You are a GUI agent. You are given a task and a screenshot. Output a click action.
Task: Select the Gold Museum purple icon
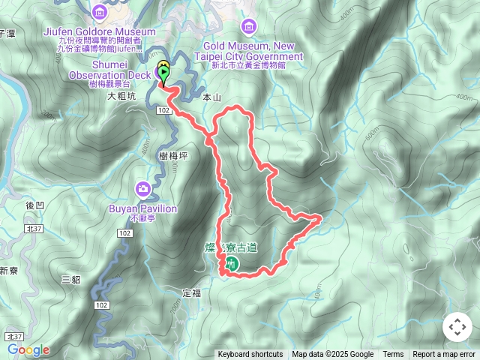(x=248, y=28)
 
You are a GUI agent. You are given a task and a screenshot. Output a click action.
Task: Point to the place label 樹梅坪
(x=173, y=155)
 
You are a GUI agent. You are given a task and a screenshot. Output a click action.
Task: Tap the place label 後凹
(x=35, y=205)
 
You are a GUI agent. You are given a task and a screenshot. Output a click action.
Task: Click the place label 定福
(x=192, y=292)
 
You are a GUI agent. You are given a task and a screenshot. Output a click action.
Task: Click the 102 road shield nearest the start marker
(x=163, y=110)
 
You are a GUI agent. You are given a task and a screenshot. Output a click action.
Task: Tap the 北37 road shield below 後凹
(x=32, y=228)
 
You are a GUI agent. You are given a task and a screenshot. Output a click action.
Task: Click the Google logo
(x=28, y=349)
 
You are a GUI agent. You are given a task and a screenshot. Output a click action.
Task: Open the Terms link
(x=393, y=355)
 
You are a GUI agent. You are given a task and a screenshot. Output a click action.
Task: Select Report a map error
(x=444, y=355)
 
